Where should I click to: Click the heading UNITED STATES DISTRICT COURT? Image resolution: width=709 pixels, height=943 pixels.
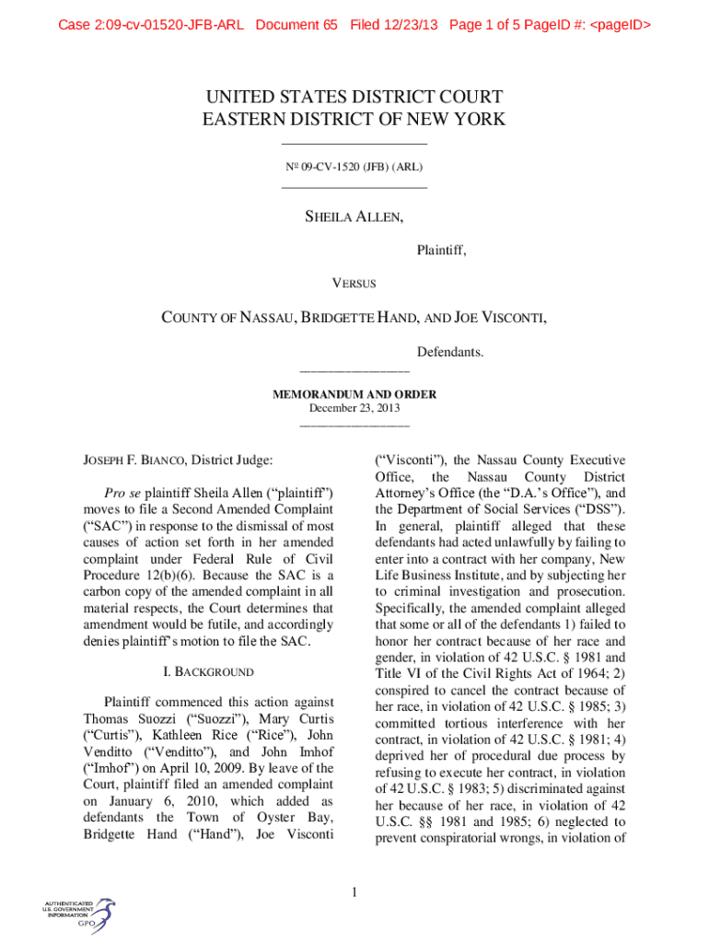point(354,97)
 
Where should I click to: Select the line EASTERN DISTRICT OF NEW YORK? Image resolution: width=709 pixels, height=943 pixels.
point(354,119)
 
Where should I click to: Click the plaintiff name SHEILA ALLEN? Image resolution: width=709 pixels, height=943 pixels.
point(354,217)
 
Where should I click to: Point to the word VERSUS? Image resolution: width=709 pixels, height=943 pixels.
point(354,284)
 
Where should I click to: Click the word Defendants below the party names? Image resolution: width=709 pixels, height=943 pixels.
point(450,352)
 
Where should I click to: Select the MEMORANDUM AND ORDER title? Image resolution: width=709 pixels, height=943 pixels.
point(354,394)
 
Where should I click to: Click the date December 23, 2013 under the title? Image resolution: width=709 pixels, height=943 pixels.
point(354,408)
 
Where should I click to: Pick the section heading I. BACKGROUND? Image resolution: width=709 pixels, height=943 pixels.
point(208,672)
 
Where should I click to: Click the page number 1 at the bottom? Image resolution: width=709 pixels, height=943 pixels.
point(354,891)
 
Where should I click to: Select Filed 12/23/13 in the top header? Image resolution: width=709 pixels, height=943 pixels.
point(395,25)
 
